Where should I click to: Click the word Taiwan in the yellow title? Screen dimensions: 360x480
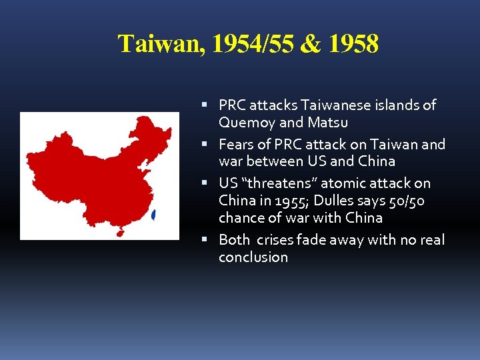pos(159,45)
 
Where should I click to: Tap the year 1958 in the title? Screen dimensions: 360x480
pos(353,45)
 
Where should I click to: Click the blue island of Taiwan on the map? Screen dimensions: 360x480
pos(155,215)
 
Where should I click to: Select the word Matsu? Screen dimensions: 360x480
pos(328,123)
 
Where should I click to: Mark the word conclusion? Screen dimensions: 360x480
pos(253,257)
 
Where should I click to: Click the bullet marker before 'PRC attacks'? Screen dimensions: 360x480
pos(209,105)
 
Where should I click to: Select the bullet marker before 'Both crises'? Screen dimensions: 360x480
pos(209,240)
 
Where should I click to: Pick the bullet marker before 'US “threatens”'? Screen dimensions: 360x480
pos(209,183)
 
